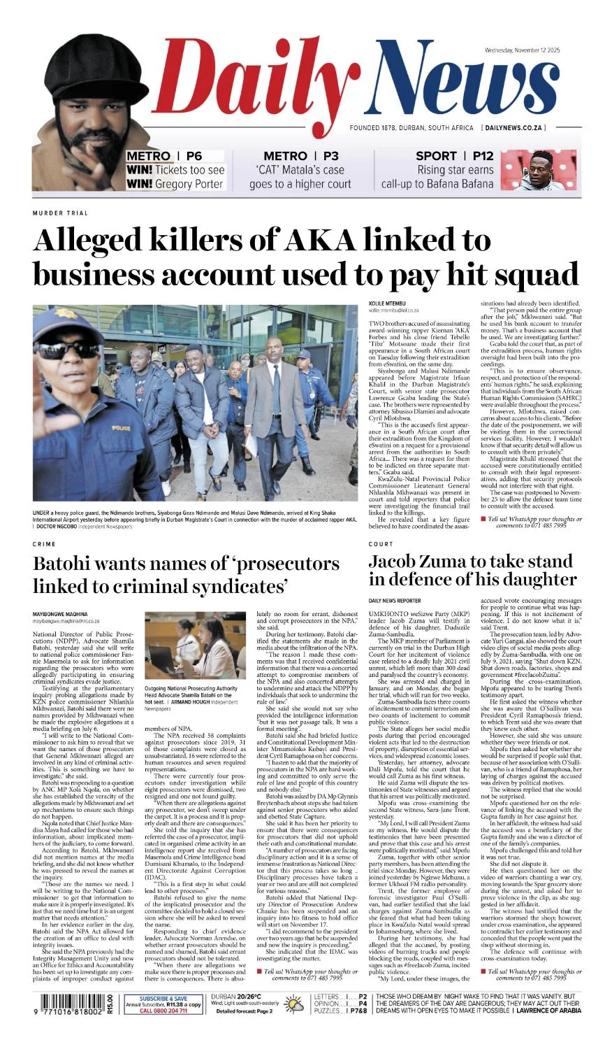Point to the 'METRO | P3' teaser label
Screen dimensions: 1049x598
pyautogui.click(x=300, y=156)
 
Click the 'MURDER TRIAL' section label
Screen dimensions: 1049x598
pyautogui.click(x=60, y=213)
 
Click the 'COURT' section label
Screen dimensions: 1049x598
pyautogui.click(x=381, y=543)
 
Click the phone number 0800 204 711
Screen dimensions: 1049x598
pyautogui.click(x=163, y=1011)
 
